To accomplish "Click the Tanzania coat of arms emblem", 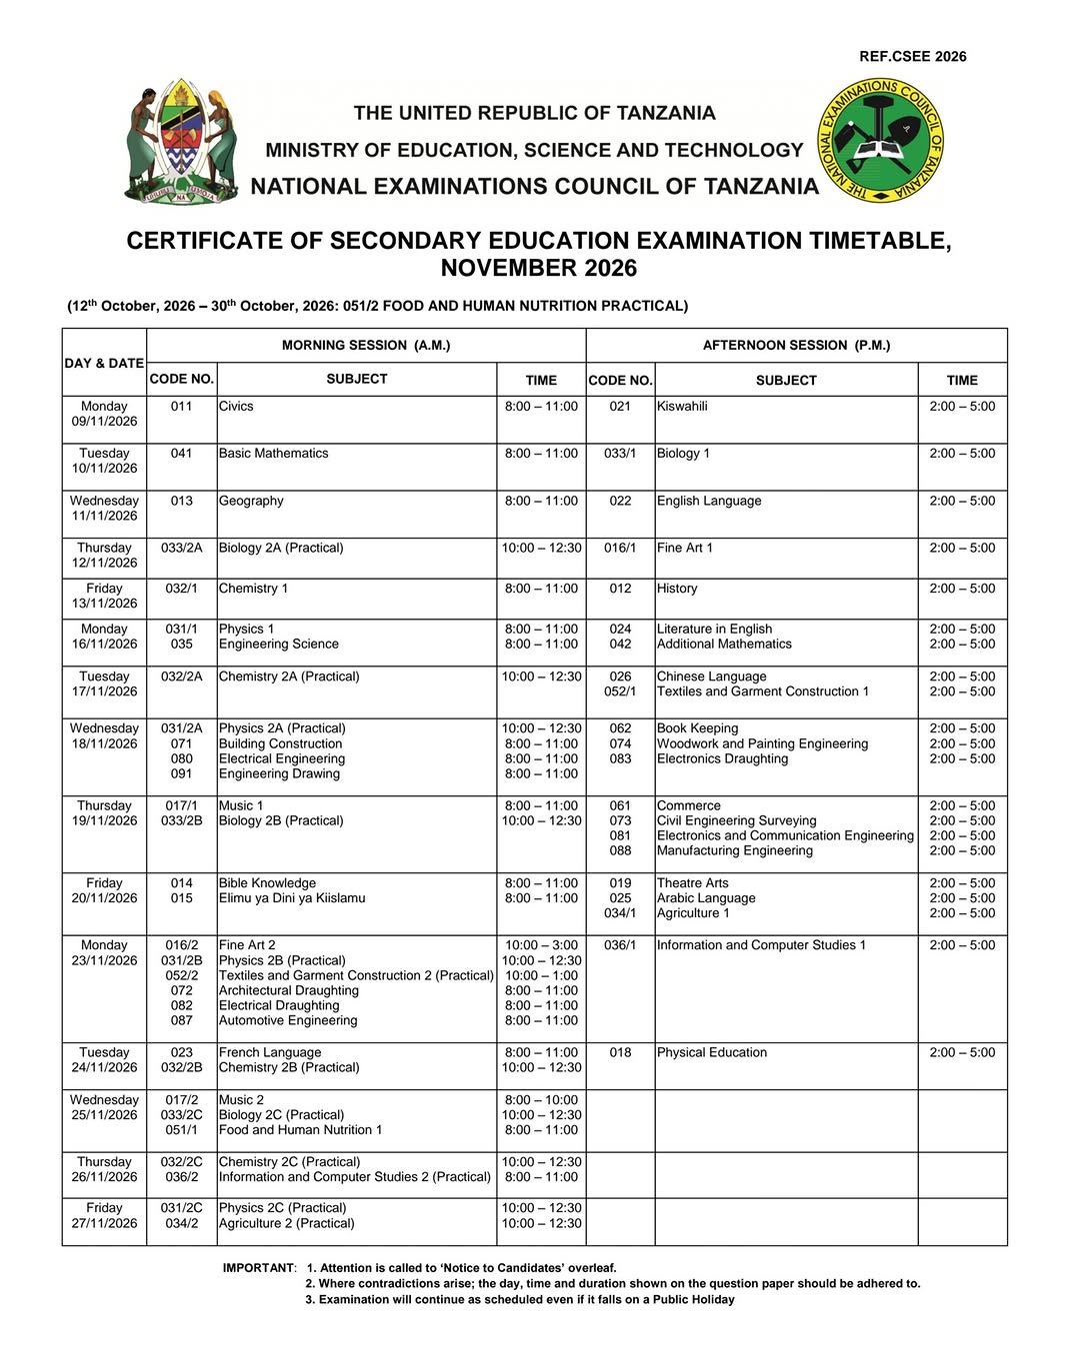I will click(x=182, y=142).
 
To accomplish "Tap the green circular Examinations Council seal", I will click(x=881, y=141).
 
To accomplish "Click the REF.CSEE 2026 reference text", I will click(x=912, y=57).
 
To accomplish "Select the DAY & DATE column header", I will click(x=104, y=363).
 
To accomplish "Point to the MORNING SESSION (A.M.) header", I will click(x=366, y=345).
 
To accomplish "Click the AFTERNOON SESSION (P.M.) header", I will click(x=796, y=345).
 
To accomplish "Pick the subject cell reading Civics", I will click(x=236, y=407).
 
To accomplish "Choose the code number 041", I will click(x=181, y=454).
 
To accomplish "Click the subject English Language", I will click(x=709, y=501).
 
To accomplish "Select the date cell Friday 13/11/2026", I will click(x=104, y=596).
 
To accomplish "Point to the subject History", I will click(x=677, y=589).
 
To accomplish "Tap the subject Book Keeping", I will click(x=697, y=728).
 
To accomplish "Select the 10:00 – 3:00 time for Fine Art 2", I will click(x=541, y=945).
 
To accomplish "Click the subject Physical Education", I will click(x=712, y=1052).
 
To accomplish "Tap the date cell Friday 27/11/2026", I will click(x=104, y=1215).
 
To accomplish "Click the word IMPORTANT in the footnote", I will click(x=259, y=1268).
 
